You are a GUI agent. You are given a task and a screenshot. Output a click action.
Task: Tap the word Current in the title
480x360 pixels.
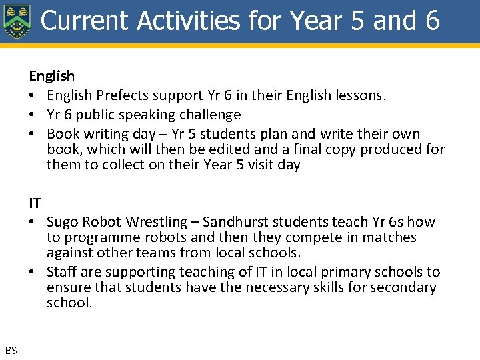tap(85, 21)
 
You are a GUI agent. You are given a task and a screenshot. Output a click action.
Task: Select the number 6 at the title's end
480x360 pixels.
tap(431, 21)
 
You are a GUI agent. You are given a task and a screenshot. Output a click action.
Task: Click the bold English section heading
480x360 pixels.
tap(51, 76)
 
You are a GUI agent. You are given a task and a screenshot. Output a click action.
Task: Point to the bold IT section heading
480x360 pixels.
tap(35, 203)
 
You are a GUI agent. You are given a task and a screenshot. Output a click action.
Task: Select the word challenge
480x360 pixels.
tap(207, 115)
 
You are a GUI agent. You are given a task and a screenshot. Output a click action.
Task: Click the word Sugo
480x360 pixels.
tap(63, 222)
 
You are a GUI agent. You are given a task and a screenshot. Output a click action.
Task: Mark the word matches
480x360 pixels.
tap(391, 237)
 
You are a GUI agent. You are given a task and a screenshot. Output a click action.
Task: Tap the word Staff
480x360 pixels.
tap(63, 272)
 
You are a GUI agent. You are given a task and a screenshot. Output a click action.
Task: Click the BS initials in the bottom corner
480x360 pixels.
tap(11, 351)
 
